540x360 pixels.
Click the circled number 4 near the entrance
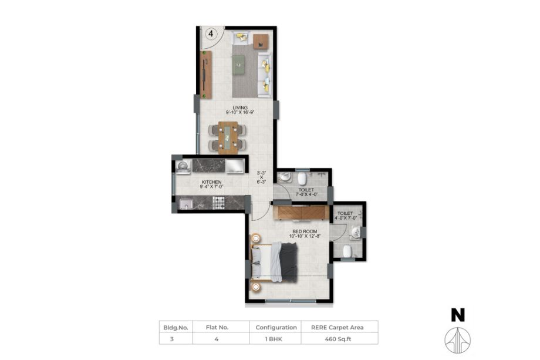tap(211, 33)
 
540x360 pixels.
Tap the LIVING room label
tap(240, 108)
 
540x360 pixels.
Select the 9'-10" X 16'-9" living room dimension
tap(240, 112)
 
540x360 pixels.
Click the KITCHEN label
tap(211, 182)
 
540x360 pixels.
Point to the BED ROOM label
tap(305, 231)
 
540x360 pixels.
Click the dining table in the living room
tap(228, 137)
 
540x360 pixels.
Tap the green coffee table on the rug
tap(239, 65)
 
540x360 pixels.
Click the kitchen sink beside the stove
tap(186, 204)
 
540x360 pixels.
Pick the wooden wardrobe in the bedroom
tap(301, 213)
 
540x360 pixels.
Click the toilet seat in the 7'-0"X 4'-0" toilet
tap(302, 179)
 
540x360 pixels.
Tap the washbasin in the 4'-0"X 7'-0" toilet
tap(355, 233)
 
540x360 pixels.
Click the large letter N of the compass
tap(458, 315)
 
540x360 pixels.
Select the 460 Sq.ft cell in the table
tap(338, 339)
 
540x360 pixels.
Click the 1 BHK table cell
tap(274, 339)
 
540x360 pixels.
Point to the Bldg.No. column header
tap(176, 328)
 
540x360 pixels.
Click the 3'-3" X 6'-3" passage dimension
tap(262, 177)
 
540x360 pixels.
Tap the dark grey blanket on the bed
tap(288, 262)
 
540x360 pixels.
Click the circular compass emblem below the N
tap(458, 340)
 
